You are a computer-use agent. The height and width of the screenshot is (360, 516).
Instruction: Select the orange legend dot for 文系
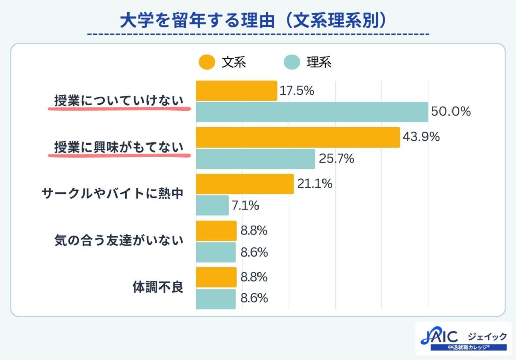pyautogui.click(x=206, y=62)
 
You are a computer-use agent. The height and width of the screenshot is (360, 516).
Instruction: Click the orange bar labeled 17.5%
pyautogui.click(x=236, y=91)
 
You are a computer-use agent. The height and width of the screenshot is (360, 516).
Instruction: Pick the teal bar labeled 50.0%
pyautogui.click(x=311, y=112)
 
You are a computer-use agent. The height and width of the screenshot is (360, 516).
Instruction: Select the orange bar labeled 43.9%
pyautogui.click(x=297, y=137)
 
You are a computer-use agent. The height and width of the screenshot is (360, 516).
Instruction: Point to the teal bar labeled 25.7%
pyautogui.click(x=255, y=159)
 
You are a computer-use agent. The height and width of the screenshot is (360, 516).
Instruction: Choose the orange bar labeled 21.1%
pyautogui.click(x=244, y=184)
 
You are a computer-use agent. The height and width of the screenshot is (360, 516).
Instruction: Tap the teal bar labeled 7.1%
pyautogui.click(x=212, y=205)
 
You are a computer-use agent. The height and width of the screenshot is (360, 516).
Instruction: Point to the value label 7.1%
pyautogui.click(x=245, y=205)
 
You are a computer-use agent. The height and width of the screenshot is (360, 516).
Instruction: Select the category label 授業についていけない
pyautogui.click(x=119, y=101)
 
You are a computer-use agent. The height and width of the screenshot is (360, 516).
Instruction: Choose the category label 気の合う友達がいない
pyautogui.click(x=119, y=241)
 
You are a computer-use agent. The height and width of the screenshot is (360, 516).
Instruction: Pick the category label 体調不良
pyautogui.click(x=157, y=288)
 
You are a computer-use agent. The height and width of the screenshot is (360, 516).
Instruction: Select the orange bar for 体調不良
pyautogui.click(x=216, y=277)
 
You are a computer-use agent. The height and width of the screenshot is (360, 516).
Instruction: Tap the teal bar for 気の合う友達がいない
pyautogui.click(x=216, y=252)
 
